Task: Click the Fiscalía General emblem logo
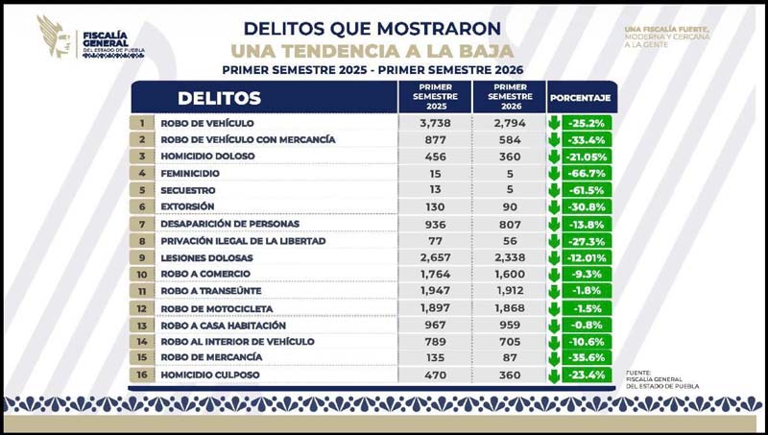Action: [x=55, y=36]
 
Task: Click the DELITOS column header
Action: [x=219, y=98]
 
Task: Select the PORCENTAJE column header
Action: [x=581, y=98]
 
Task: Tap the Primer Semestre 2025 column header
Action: [x=435, y=97]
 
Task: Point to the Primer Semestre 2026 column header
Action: [x=510, y=97]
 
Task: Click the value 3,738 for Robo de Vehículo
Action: [x=435, y=123]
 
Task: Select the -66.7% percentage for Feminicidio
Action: [x=587, y=173]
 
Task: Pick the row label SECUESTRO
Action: [x=188, y=190]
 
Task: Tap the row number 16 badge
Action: [x=141, y=375]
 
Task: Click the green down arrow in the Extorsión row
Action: [x=555, y=206]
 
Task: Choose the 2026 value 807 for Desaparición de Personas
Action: [x=510, y=224]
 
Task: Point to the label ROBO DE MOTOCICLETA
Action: [x=217, y=308]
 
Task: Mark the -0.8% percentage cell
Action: [x=587, y=325]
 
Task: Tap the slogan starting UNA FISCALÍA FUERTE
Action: [x=667, y=36]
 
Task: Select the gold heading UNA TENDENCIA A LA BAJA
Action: [x=372, y=51]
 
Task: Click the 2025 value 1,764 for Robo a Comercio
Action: [x=435, y=274]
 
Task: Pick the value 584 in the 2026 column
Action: [x=510, y=139]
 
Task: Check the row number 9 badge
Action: [x=141, y=257]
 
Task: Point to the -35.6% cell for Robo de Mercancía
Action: [x=587, y=357]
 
